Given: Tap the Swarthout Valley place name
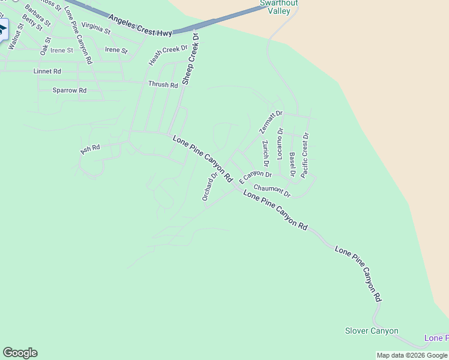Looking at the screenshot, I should point(279,7).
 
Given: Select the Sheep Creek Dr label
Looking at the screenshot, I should point(190,58).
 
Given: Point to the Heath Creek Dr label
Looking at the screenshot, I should point(168,55).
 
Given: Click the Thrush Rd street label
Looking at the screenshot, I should point(163,85).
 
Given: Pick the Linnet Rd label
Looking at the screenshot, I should point(47,71).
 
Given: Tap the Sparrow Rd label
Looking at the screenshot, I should point(70,90).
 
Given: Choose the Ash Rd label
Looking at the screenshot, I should point(89,148).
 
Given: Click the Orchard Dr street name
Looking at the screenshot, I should point(209,187).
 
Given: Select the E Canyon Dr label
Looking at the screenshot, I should point(256,177).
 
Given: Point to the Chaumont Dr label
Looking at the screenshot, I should point(271,191).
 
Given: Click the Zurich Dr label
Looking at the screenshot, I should point(265,154).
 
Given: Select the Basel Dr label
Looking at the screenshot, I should point(292,164).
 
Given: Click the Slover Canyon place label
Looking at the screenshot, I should point(372,331).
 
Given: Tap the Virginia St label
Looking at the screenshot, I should point(96,27).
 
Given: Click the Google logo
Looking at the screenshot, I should point(20,353).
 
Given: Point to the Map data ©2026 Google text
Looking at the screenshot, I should point(412,355).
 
